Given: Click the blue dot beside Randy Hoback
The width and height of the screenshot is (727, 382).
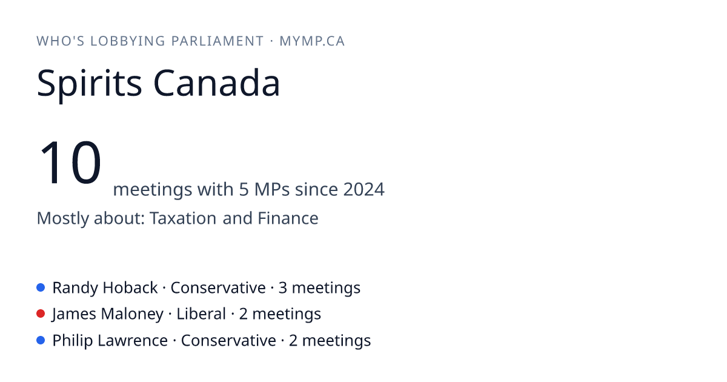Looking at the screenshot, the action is click(41, 287).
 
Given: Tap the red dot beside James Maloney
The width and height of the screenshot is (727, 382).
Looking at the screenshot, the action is click(41, 314).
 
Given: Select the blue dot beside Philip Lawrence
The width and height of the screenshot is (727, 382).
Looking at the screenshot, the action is click(41, 340).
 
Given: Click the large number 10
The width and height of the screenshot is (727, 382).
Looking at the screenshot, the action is click(70, 163).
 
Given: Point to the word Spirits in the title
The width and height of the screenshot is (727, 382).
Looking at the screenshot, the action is click(89, 84).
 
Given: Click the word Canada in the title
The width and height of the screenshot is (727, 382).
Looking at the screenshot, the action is click(216, 83).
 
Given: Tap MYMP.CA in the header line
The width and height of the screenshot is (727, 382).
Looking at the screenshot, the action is click(312, 41).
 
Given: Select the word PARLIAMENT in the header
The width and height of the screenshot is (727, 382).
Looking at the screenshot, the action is click(217, 41).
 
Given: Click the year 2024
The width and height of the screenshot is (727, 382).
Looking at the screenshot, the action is click(364, 189).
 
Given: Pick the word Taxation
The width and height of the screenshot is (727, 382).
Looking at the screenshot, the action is click(183, 218).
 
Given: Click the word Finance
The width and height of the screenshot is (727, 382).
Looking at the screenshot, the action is click(288, 218).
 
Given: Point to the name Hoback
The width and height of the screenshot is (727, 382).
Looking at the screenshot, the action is click(130, 288).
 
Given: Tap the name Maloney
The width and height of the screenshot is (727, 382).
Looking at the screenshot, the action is click(132, 315).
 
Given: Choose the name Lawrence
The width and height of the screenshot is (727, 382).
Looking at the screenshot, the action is click(133, 341).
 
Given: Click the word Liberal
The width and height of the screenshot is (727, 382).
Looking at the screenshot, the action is click(201, 314).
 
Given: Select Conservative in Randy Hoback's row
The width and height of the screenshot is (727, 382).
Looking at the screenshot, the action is click(218, 288).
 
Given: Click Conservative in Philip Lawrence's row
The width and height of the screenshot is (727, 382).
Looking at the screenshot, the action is click(228, 341).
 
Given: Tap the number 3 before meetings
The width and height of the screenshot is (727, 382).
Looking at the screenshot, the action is click(283, 288).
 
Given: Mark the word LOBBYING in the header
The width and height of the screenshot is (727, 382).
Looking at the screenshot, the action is click(128, 41).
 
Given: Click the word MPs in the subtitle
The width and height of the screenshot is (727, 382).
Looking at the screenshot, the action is click(271, 189).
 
